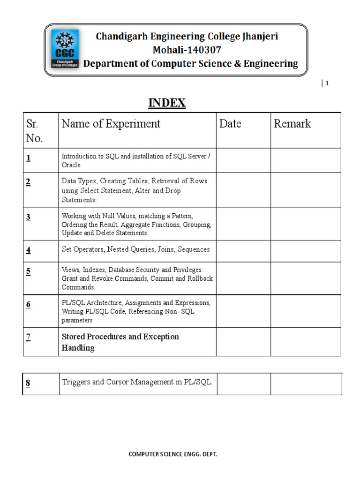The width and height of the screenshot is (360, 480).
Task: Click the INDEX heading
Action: pos(167,103)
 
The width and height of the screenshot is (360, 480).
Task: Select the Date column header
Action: pos(230,124)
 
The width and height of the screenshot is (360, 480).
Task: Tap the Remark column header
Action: pos(292,124)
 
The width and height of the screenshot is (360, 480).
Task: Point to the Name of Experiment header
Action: pos(111,124)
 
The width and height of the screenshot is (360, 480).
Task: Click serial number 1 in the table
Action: pos(29,158)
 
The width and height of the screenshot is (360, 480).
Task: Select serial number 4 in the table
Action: pos(29,250)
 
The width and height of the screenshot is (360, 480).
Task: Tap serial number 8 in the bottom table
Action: pos(28,383)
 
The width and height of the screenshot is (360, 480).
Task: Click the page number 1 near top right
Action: pos(327,83)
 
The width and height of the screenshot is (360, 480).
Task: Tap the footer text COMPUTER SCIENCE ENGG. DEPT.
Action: pos(173,454)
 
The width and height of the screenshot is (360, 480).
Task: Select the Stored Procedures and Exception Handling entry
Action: pos(120,342)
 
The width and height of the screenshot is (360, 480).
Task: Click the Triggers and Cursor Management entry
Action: pos(137,382)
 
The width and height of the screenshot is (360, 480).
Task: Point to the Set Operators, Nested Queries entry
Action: pos(135,249)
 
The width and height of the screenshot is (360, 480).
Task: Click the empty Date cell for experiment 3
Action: pos(243,224)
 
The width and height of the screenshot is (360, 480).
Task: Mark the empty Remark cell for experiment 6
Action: pos(305,311)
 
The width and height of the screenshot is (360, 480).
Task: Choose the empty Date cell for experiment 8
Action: pos(243,383)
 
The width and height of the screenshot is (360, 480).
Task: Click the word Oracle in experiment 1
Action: pos(71,165)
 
